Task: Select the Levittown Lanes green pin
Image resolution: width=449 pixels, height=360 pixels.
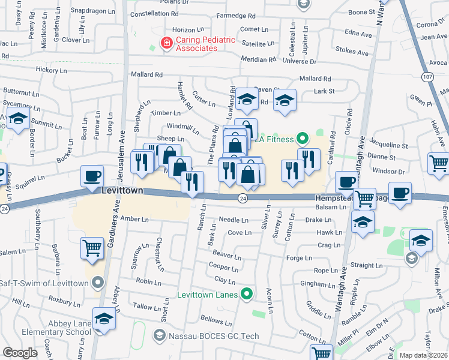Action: point(246,294)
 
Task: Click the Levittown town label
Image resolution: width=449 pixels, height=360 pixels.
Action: point(122,190)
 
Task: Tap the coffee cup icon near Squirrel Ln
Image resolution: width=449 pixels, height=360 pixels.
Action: point(92,176)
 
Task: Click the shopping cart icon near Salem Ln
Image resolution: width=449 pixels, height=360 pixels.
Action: point(92,247)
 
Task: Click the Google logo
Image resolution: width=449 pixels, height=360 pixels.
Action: point(20,353)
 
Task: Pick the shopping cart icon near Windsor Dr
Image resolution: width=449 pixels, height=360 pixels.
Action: point(438,162)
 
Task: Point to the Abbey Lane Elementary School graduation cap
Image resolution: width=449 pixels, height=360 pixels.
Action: point(104,317)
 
